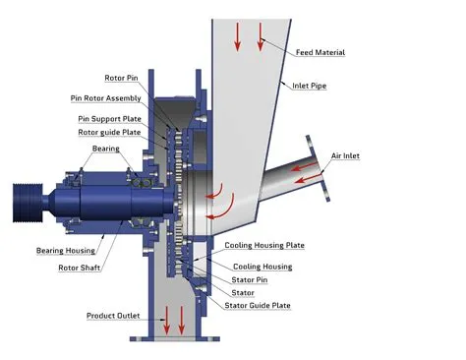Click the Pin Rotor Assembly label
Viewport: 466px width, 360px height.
pyautogui.click(x=107, y=98)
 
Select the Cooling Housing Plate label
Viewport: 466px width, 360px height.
pyautogui.click(x=264, y=245)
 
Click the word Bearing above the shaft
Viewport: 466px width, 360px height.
pyautogui.click(x=106, y=149)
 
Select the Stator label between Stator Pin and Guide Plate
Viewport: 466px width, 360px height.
pyautogui.click(x=242, y=293)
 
